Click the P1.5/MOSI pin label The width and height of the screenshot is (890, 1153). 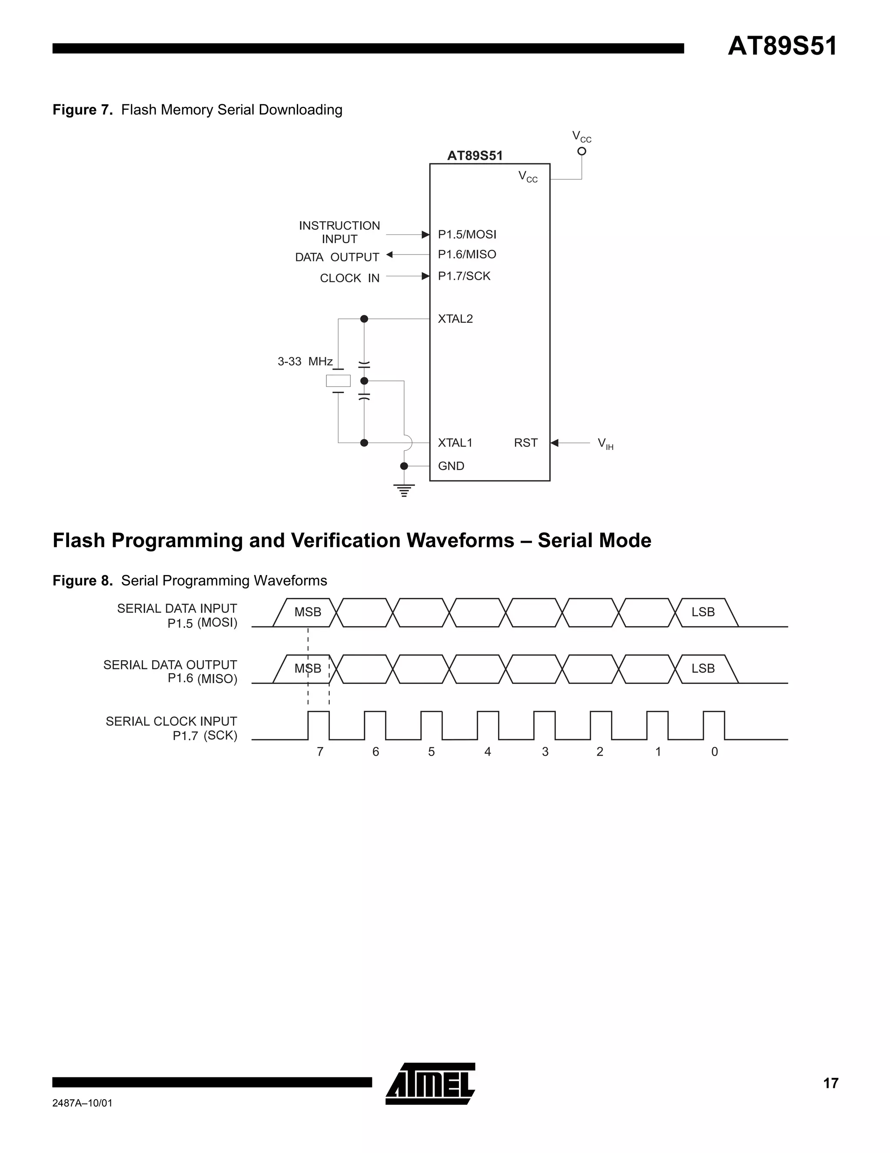click(467, 235)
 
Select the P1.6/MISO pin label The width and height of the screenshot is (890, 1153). click(467, 254)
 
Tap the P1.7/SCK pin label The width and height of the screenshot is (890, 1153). click(464, 276)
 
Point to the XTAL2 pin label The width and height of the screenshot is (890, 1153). click(455, 319)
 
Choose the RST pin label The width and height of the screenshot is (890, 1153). click(525, 443)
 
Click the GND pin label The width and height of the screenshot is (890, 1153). click(451, 466)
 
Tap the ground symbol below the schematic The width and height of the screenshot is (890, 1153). click(404, 490)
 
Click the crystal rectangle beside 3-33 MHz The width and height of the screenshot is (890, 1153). click(338, 380)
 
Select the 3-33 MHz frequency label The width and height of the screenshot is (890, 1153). click(305, 362)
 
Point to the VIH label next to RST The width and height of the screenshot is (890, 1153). click(605, 444)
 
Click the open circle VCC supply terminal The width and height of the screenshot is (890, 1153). click(581, 152)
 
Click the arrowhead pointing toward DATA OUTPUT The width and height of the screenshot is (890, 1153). click(390, 254)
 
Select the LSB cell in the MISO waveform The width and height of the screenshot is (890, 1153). click(703, 669)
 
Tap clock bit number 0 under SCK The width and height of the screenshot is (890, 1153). click(714, 752)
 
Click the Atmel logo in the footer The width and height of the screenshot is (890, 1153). click(431, 1084)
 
